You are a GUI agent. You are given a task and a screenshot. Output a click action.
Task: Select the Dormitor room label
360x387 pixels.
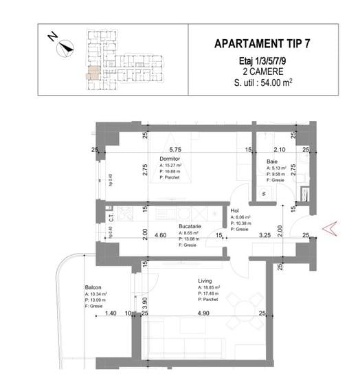[172, 157]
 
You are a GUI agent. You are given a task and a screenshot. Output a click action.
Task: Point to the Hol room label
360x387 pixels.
[235, 211]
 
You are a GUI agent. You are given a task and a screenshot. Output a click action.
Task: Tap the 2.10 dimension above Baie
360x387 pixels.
[280, 148]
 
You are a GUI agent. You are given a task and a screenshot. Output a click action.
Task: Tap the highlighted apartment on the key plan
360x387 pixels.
[91, 75]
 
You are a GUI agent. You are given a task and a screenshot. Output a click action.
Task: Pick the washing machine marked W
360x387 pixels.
[264, 194]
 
